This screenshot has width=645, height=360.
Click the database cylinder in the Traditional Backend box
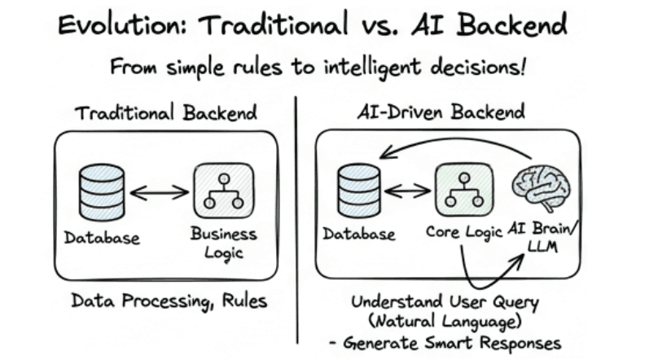coord(103,192)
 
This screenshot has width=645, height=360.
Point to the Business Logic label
coord(223,243)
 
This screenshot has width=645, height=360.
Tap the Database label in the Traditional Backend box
coord(103,239)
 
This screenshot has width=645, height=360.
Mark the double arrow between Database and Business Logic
coord(160,192)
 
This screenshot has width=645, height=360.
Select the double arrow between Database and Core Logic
coord(409,191)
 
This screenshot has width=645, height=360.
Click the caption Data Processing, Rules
coord(169,300)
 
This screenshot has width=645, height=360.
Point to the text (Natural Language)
coord(445,321)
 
